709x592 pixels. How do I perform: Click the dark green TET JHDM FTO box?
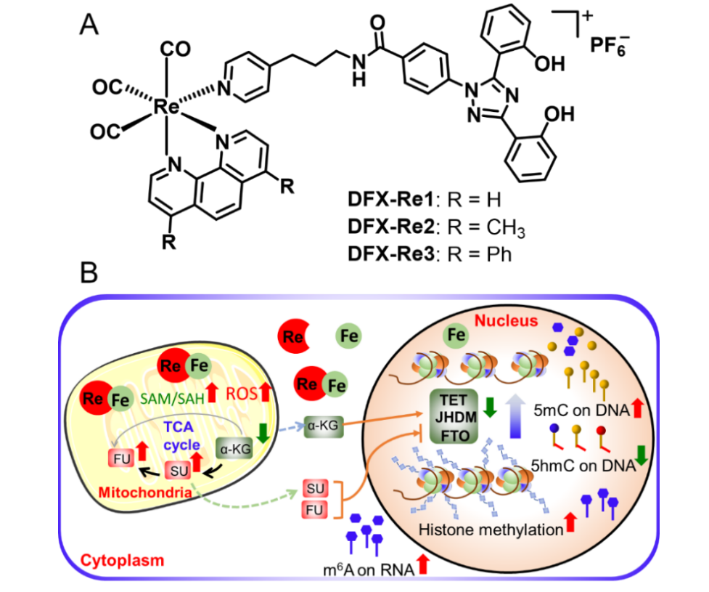click(453, 415)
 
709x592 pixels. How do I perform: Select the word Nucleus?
click(507, 320)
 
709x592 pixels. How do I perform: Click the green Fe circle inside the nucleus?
click(456, 337)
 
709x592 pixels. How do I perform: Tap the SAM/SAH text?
click(173, 395)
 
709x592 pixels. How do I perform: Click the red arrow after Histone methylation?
click(571, 522)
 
